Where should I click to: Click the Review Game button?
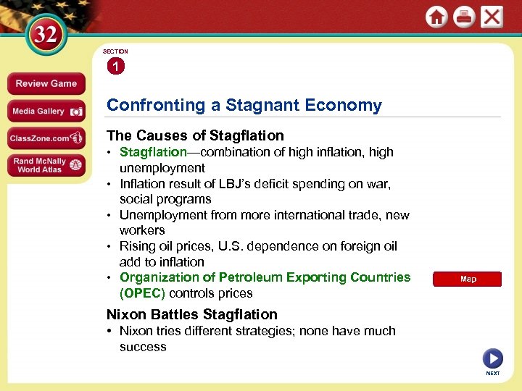[x=46, y=83]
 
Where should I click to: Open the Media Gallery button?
[x=46, y=111]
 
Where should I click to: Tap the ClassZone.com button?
[x=46, y=138]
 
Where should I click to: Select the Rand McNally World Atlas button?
[x=46, y=165]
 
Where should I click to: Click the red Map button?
[x=468, y=279]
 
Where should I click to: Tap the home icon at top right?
[x=436, y=17]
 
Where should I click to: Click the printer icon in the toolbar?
[x=464, y=17]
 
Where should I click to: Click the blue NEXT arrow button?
[x=492, y=358]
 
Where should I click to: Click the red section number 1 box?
[x=115, y=67]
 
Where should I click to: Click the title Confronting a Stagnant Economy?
[x=244, y=105]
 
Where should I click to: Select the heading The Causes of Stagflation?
[x=195, y=135]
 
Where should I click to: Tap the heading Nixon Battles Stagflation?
[x=192, y=314]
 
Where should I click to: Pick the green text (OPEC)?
[x=142, y=293]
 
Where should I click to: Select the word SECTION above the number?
[x=115, y=51]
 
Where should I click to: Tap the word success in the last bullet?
[x=143, y=347]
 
